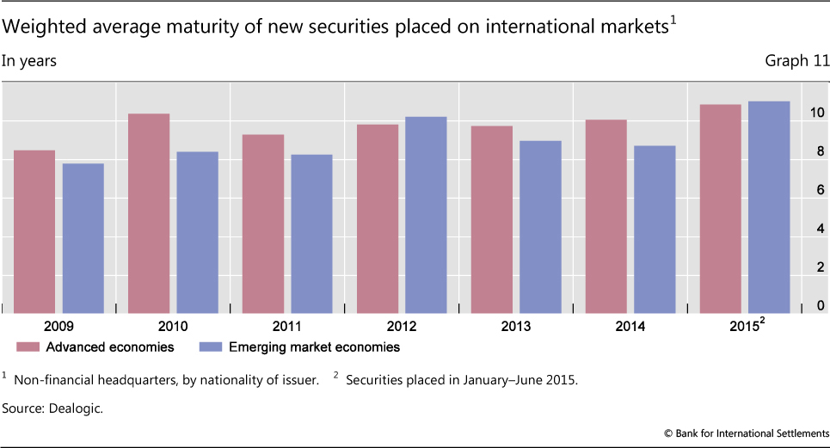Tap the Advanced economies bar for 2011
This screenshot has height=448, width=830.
(263, 224)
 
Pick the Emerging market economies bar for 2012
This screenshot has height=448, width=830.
(426, 215)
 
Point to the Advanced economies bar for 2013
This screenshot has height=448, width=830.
(492, 219)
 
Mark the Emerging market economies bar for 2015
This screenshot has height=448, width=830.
(769, 207)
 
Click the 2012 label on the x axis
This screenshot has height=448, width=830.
(402, 327)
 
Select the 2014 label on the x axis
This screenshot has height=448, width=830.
(630, 327)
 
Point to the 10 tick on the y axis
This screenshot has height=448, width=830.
(816, 113)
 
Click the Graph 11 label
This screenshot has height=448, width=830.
(796, 61)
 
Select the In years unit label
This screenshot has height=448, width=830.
(30, 61)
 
